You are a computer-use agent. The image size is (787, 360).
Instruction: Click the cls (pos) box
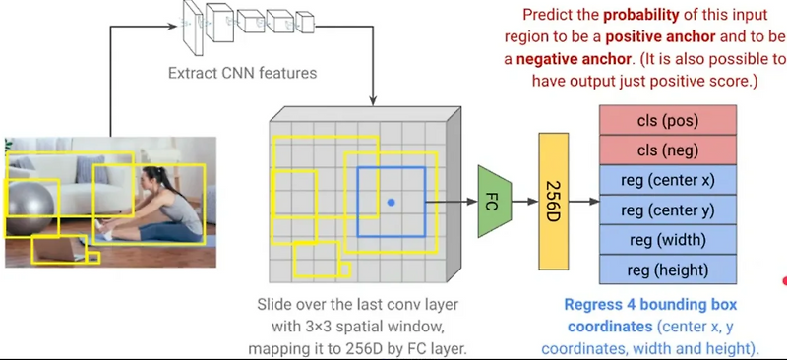pyautogui.click(x=668, y=120)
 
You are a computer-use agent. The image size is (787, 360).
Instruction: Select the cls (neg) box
pyautogui.click(x=668, y=150)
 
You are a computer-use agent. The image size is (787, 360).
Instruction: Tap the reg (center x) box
pyautogui.click(x=668, y=180)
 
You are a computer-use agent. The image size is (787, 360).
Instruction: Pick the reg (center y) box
pyautogui.click(x=668, y=210)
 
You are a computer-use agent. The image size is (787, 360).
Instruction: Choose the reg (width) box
pyautogui.click(x=668, y=239)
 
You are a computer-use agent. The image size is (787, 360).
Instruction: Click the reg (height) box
pyautogui.click(x=668, y=270)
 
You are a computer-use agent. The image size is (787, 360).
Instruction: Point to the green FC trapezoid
pyautogui.click(x=495, y=202)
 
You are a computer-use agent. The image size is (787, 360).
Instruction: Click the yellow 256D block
pyautogui.click(x=554, y=202)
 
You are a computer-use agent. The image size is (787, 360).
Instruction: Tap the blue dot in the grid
pyautogui.click(x=392, y=203)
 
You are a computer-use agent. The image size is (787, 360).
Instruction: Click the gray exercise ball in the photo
pyautogui.click(x=30, y=209)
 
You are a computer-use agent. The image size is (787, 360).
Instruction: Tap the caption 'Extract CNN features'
pyautogui.click(x=242, y=74)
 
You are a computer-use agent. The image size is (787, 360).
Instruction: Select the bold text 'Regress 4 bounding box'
pyautogui.click(x=650, y=305)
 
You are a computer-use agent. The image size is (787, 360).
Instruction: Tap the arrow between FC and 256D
pyautogui.click(x=525, y=202)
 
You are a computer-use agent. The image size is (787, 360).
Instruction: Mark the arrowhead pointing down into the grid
pyautogui.click(x=373, y=101)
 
